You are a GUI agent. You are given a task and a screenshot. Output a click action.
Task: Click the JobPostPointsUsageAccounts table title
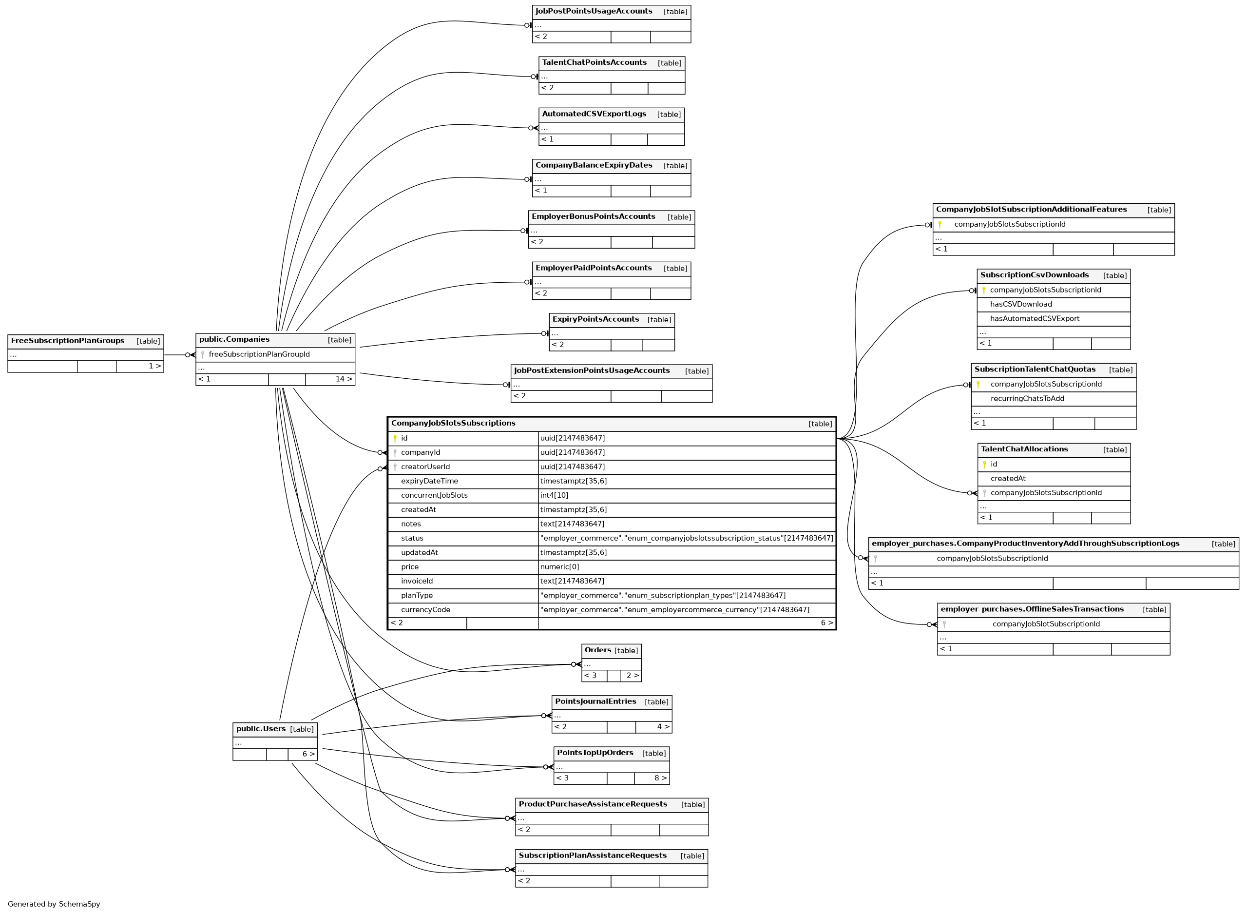[x=594, y=12]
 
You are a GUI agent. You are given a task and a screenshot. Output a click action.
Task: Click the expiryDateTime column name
[x=429, y=481]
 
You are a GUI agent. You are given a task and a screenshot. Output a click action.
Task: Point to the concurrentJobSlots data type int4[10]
[x=554, y=496]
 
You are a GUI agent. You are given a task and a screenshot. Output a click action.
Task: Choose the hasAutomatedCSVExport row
[x=1034, y=319]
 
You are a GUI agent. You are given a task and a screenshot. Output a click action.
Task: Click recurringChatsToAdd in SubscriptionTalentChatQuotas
[x=1027, y=399]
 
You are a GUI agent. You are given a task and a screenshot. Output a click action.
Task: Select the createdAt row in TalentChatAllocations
[x=1008, y=479]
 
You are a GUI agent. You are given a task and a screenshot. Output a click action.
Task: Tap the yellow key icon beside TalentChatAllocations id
[x=984, y=465]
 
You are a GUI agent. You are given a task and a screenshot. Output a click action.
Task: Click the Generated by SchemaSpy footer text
[x=54, y=904]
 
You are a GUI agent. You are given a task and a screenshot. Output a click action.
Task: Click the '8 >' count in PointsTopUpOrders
[x=660, y=778]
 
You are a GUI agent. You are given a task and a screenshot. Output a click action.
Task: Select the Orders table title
[x=597, y=650]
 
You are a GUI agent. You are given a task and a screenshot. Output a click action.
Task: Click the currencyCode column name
[x=425, y=610]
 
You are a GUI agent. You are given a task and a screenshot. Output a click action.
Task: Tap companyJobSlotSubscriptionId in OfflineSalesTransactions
[x=1046, y=624]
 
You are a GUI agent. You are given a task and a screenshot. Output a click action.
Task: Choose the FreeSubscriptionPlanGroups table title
[x=67, y=341]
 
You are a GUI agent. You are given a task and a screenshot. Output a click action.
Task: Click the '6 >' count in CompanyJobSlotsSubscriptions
[x=826, y=623]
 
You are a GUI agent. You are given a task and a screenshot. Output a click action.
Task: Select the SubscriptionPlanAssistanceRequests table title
[x=592, y=856]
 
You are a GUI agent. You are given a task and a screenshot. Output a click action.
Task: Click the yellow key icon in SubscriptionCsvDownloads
[x=984, y=291]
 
